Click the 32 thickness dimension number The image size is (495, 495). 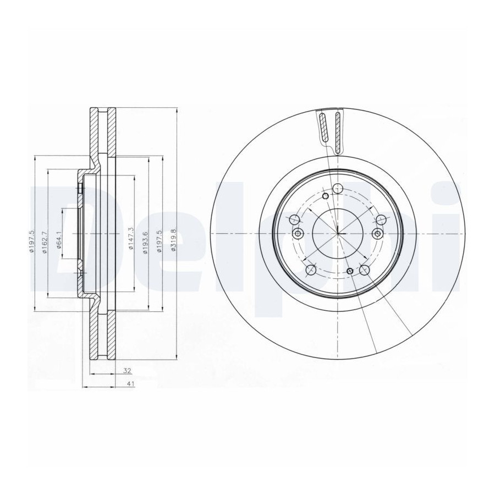coord(127,371)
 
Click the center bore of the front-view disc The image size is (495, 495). coord(338,233)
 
